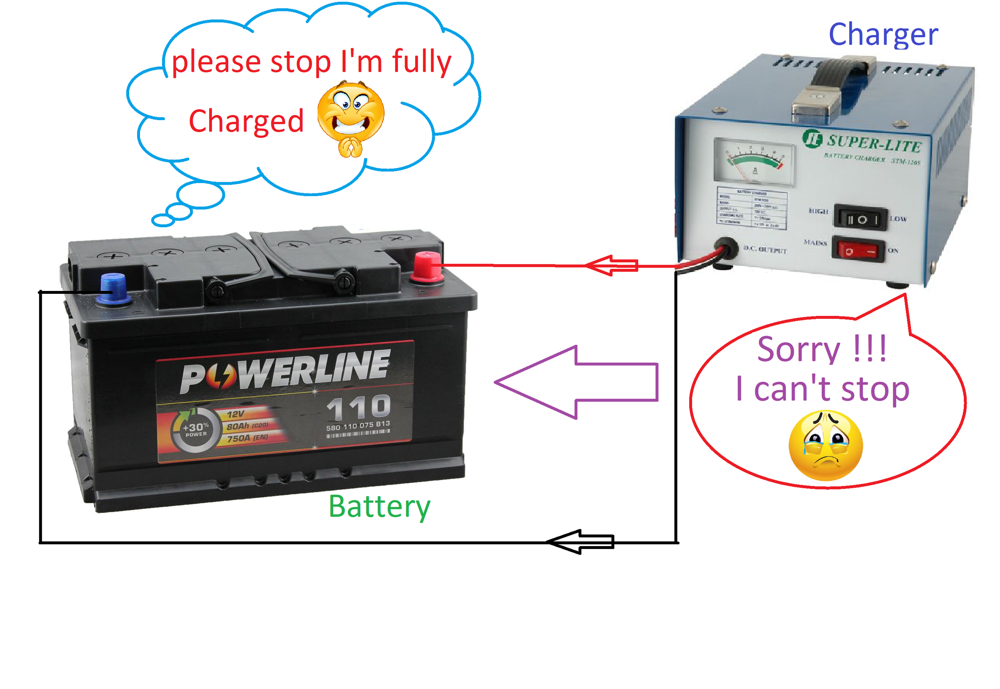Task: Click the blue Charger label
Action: click(882, 35)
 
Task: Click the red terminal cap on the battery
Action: click(427, 266)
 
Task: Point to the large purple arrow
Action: click(578, 382)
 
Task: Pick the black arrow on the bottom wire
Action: click(580, 541)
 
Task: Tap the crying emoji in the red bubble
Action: click(825, 445)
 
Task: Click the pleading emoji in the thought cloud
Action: click(350, 119)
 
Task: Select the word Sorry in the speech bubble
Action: click(798, 350)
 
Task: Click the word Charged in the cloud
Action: click(246, 121)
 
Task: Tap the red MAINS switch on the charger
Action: click(858, 250)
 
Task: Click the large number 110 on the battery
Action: click(358, 407)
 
